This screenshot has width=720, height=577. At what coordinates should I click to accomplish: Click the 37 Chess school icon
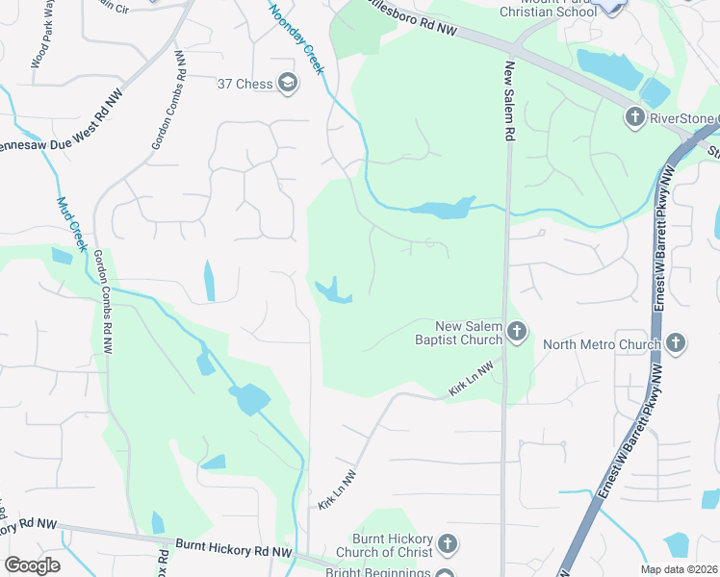pos(287,84)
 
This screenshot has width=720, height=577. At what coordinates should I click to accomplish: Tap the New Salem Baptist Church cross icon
pos(517,333)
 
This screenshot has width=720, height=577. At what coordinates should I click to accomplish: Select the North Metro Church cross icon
pos(677,343)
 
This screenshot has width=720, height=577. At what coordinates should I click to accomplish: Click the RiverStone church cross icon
pos(634,118)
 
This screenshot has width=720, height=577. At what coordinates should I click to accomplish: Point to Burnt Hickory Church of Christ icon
pos(447,545)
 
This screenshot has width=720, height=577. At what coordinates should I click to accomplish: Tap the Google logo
pos(32,565)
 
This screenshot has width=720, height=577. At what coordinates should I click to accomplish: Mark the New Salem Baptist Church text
pos(470,333)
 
